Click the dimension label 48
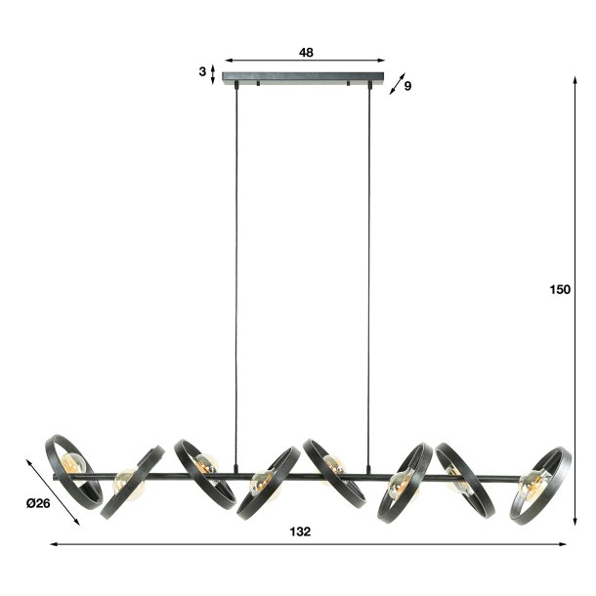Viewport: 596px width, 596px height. click(306, 53)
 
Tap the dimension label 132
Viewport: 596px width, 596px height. click(301, 532)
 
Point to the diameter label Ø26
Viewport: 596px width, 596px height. click(37, 503)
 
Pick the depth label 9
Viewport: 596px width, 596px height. click(407, 87)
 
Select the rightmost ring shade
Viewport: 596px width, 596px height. click(539, 484)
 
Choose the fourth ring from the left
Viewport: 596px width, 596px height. click(266, 484)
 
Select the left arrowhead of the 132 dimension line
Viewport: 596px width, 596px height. click(54, 544)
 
